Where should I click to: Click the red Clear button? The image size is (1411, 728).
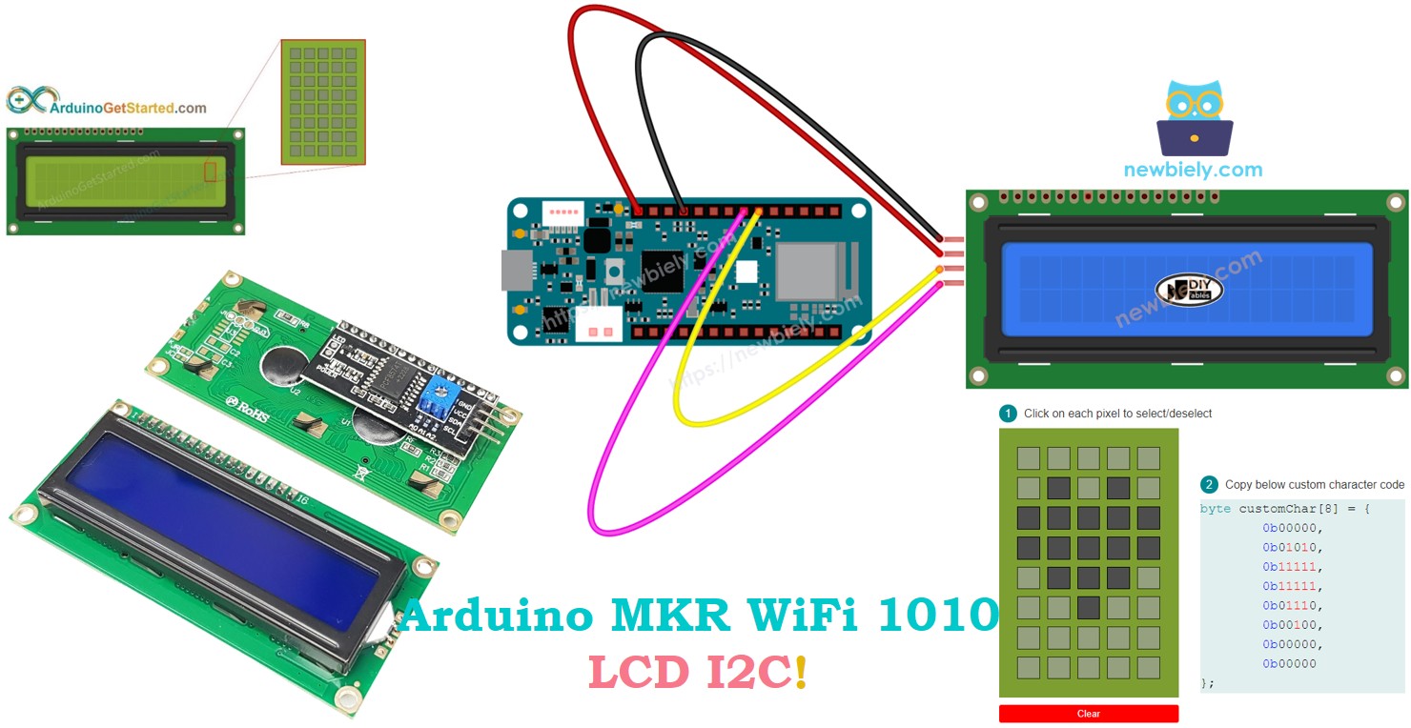coord(1088,714)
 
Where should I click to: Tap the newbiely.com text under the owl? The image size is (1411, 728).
coord(1193,170)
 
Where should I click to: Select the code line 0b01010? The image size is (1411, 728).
coord(1294,548)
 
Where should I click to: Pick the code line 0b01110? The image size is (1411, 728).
coord(1294,605)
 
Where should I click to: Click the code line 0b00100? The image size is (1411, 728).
coord(1294,625)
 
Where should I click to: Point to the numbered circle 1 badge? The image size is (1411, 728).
coord(1008,414)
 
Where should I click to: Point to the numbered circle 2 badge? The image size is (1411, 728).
coord(1209,484)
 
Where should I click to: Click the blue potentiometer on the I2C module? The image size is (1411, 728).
coord(439,392)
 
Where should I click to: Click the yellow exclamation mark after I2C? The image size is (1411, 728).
coord(800,673)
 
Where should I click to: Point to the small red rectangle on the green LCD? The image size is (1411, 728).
coord(211,172)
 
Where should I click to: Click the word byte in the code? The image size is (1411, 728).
coord(1215,509)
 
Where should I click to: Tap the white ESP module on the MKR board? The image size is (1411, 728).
coord(806,271)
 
